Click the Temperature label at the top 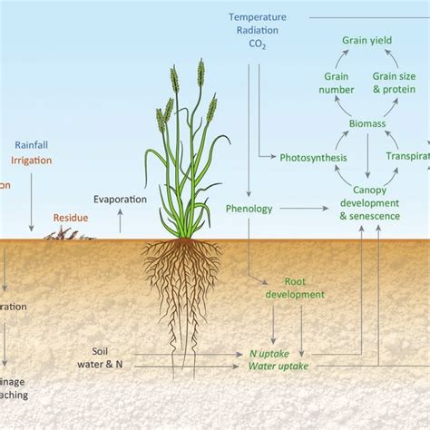click(x=259, y=17)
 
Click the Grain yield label click(x=366, y=41)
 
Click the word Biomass click(x=366, y=122)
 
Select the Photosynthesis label click(x=313, y=158)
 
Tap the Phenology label click(x=249, y=209)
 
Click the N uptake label click(x=273, y=353)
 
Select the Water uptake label click(x=279, y=367)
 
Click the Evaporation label click(x=120, y=200)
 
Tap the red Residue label click(x=71, y=218)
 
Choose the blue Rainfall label click(x=32, y=145)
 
